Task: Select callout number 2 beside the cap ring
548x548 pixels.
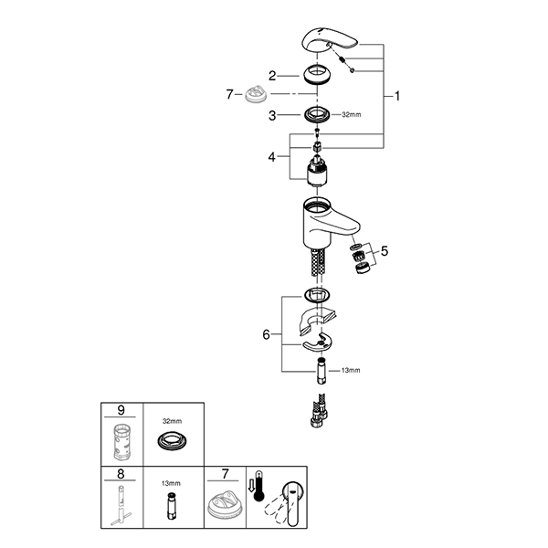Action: pos(272,75)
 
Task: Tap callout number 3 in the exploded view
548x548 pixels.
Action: pos(272,115)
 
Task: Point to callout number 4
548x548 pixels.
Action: pos(272,156)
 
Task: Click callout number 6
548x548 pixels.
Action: pos(266,335)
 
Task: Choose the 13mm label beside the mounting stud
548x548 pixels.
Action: pos(351,370)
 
